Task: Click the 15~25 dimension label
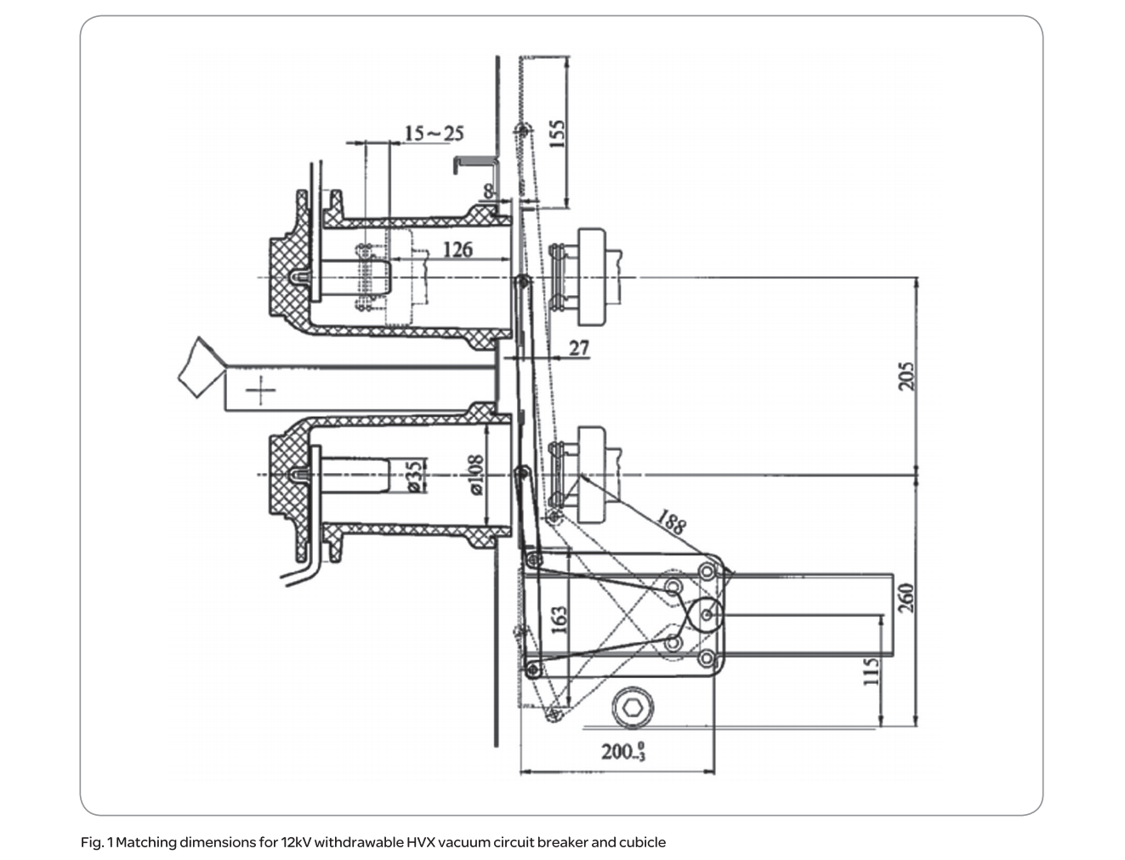[x=434, y=134]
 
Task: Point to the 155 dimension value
[x=558, y=134]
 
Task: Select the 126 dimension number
[x=457, y=249]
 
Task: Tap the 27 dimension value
[x=578, y=348]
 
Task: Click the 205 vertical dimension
[x=906, y=376]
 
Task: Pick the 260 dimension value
[x=906, y=596]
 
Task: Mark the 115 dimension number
[x=871, y=672]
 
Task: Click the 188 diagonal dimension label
[x=671, y=521]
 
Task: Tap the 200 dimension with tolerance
[x=623, y=751]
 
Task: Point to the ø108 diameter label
[x=476, y=475]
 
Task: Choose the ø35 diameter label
[x=414, y=477]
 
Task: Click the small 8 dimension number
[x=489, y=191]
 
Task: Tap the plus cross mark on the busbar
[x=261, y=391]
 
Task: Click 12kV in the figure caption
[x=296, y=843]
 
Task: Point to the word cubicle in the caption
[x=642, y=843]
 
